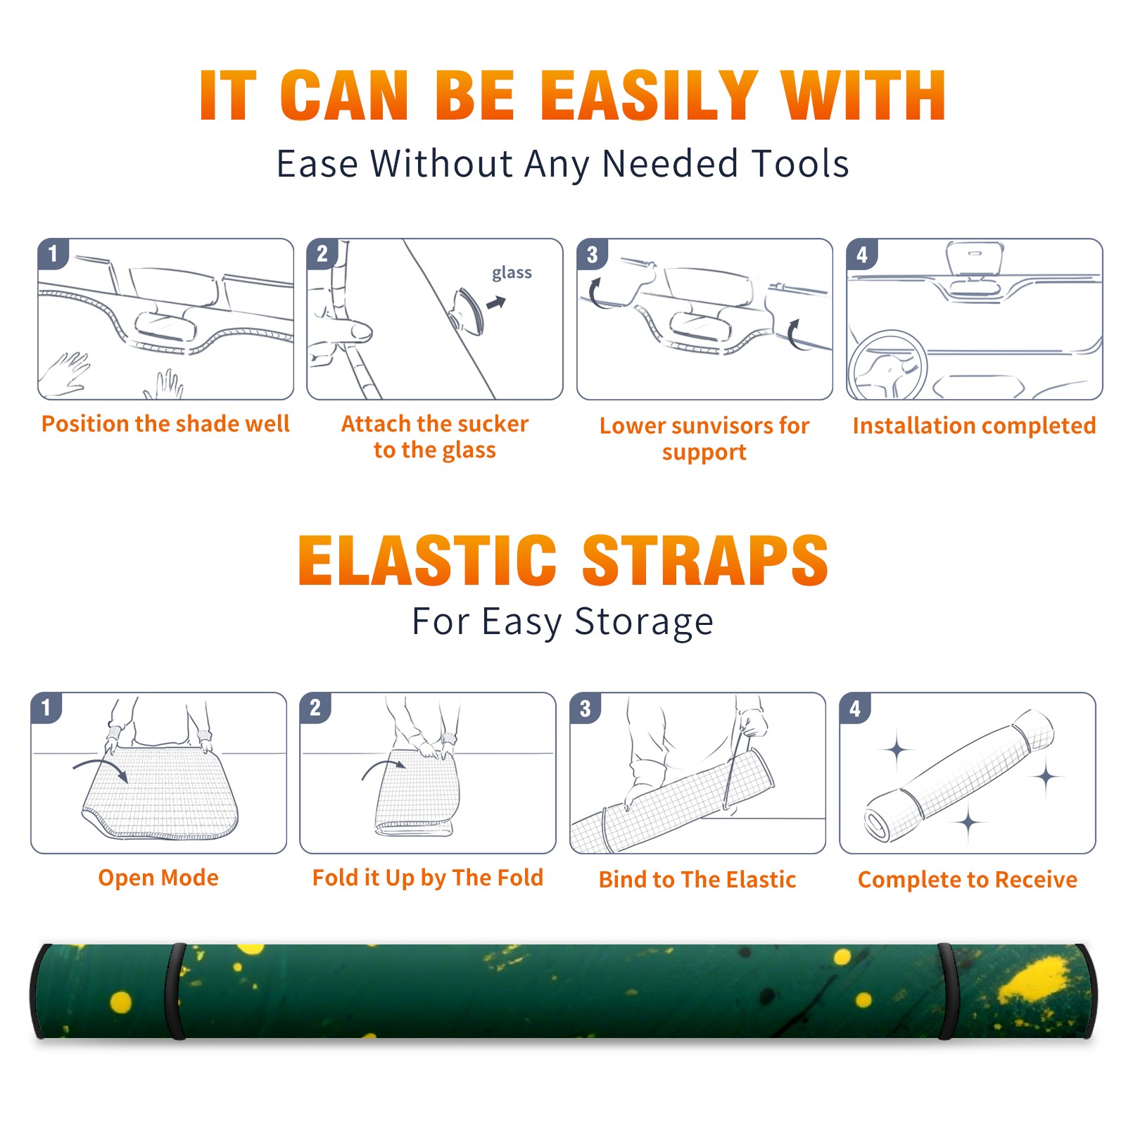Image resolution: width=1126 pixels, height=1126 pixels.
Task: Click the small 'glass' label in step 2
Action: pos(512,273)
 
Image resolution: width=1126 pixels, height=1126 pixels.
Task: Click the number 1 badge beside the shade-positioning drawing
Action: pos(53,253)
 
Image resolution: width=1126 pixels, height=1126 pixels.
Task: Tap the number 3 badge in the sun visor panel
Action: pos(592,254)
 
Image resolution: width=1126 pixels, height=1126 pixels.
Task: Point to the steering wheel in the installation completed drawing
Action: pos(888,365)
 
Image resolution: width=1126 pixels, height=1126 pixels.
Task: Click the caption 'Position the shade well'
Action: pos(165,424)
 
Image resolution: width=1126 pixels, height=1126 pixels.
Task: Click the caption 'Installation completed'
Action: pos(974,426)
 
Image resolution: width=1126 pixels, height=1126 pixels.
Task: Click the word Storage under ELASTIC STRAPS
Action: pos(644,622)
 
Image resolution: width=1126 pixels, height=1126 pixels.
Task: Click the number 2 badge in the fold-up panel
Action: pos(315,708)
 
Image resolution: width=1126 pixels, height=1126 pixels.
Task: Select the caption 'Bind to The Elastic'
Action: pos(697,880)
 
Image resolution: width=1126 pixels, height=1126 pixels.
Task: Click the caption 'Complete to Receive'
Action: pos(968,880)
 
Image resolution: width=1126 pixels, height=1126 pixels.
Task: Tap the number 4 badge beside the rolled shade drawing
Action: pos(855,708)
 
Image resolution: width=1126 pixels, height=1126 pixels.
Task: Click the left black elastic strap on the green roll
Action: pos(175,992)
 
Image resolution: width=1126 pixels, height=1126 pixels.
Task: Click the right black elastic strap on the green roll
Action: pos(948,992)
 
